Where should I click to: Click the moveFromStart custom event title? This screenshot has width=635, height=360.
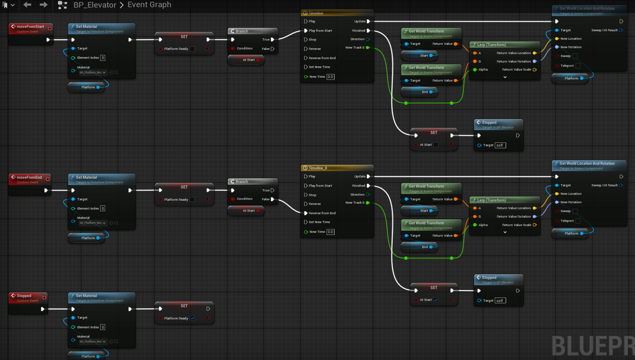pos(30,27)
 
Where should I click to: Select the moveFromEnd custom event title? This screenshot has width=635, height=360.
pos(29,177)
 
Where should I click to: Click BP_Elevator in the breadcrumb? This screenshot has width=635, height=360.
pos(95,5)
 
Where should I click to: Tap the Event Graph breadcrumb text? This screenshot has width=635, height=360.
pos(149,5)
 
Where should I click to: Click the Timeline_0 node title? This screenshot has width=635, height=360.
pos(318,168)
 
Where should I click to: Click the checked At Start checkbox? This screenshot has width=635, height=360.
pos(436,300)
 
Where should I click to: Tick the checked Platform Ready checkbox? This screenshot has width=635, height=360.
pos(192,318)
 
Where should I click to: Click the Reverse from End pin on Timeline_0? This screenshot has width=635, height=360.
pos(306,213)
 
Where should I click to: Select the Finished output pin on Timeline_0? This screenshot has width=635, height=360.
pos(368,185)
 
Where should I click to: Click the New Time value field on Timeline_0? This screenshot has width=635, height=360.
pos(330,232)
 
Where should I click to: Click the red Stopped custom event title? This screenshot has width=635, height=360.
pos(24,296)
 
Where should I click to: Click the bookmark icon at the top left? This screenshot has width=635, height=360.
pos(5,5)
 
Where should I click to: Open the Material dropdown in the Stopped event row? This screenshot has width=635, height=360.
pos(93,341)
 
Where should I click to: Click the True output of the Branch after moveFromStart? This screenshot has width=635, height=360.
pos(273,39)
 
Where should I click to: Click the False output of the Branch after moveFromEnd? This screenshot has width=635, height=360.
pos(273,199)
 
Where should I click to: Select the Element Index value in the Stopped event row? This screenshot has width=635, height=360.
pos(103,327)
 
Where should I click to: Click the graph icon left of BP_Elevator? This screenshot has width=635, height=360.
pos(62,5)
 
